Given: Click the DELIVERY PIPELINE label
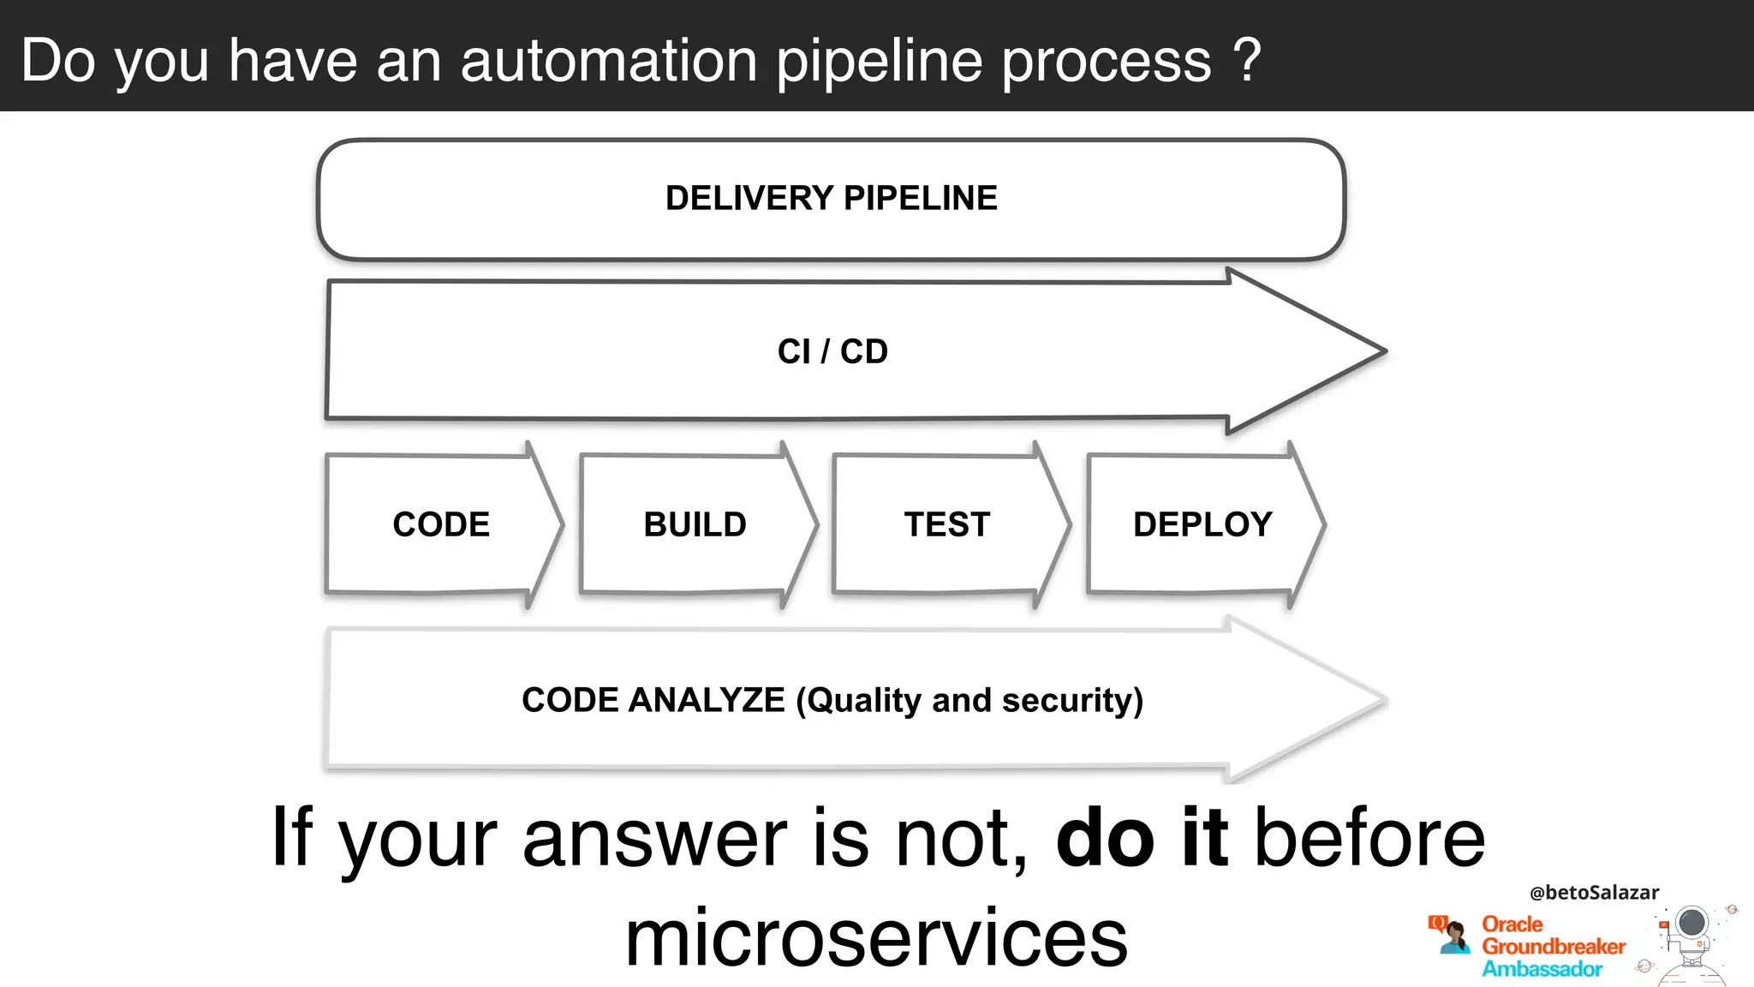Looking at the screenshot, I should tap(831, 198).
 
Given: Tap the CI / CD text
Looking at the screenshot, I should tap(832, 351).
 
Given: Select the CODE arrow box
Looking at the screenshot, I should tap(441, 524).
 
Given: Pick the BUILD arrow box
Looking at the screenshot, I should tap(695, 524).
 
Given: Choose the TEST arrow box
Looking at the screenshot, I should tap(947, 524).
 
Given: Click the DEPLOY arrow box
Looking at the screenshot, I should tap(1202, 524).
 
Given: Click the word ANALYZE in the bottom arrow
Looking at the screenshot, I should tap(706, 700).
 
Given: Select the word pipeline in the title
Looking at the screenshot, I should tap(879, 62).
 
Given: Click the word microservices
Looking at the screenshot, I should tap(876, 939).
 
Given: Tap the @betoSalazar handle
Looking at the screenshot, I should tap(1594, 892).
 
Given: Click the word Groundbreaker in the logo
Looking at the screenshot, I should tap(1554, 947).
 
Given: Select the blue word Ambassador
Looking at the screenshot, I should tap(1542, 969).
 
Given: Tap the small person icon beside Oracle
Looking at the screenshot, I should tap(1451, 935).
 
